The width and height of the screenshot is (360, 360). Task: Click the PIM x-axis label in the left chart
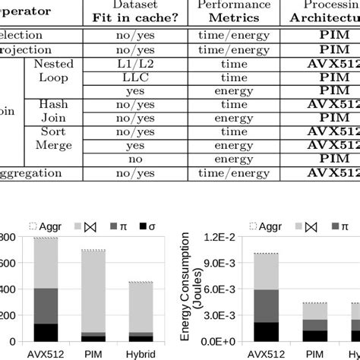(94, 353)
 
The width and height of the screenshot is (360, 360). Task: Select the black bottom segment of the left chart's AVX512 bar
(46, 332)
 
